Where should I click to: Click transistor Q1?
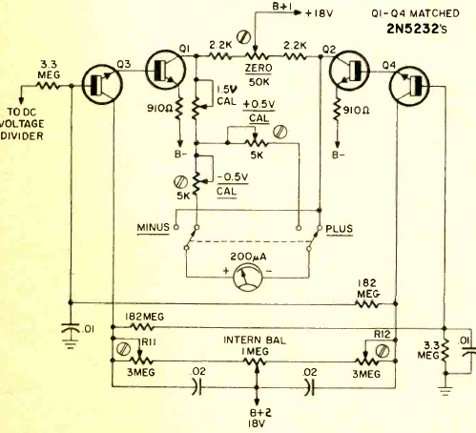pyautogui.click(x=165, y=70)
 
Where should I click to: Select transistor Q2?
pyautogui.click(x=349, y=70)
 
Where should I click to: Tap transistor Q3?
pyautogui.click(x=102, y=84)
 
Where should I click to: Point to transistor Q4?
pyautogui.click(x=409, y=86)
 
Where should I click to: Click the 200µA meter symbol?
pyautogui.click(x=248, y=276)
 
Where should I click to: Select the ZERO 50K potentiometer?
pyautogui.click(x=256, y=55)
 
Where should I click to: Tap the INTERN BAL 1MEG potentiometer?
pyautogui.click(x=256, y=362)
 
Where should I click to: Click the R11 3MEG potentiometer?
pyautogui.click(x=140, y=359)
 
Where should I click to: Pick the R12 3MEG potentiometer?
pyautogui.click(x=366, y=360)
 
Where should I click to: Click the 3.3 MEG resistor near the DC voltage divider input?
pyautogui.click(x=48, y=86)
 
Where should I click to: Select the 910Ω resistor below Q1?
pyautogui.click(x=179, y=109)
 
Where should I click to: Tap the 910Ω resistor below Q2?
pyautogui.click(x=337, y=110)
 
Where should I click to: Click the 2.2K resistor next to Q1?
pyautogui.click(x=219, y=56)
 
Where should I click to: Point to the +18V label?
pyautogui.click(x=319, y=13)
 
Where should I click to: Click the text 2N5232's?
pyautogui.click(x=417, y=29)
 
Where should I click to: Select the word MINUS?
pyautogui.click(x=154, y=228)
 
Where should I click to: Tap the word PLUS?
pyautogui.click(x=340, y=229)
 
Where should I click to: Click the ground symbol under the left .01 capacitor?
pyautogui.click(x=71, y=344)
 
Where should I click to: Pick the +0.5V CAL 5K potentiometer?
pyautogui.click(x=256, y=141)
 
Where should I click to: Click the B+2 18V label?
pyautogui.click(x=257, y=418)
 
